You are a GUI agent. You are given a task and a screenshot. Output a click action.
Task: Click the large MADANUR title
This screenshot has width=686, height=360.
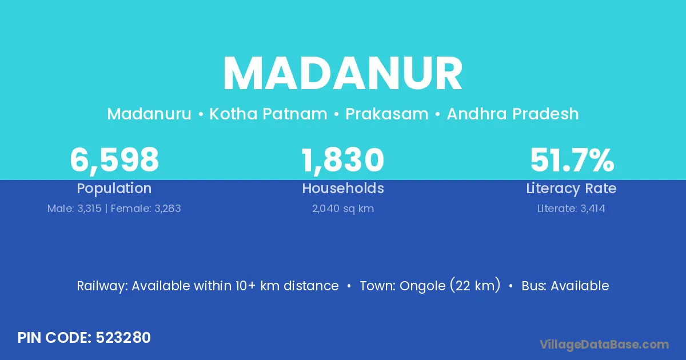(x=342, y=74)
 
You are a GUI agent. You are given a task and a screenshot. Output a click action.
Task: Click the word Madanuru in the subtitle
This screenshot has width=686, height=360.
(x=149, y=114)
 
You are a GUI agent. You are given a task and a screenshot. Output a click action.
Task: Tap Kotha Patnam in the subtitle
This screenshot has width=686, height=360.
(x=268, y=114)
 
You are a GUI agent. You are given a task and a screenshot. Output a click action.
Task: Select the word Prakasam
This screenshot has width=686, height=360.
(x=387, y=114)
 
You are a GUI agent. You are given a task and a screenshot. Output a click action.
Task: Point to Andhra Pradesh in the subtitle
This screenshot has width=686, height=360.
(x=513, y=114)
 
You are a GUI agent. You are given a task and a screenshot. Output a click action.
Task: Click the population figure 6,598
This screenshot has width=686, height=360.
(x=114, y=160)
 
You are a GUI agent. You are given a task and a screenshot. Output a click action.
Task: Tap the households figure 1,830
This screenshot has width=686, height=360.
(x=342, y=160)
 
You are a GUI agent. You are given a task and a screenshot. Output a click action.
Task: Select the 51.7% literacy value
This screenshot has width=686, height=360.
(x=572, y=160)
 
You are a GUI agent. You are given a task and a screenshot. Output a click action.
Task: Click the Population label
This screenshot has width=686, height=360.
(x=114, y=189)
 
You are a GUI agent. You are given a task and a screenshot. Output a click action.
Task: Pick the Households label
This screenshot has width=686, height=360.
(x=343, y=189)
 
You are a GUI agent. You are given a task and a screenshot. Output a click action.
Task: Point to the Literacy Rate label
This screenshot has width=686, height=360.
(x=571, y=189)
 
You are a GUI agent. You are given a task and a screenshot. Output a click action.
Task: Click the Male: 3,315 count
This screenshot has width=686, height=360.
(x=74, y=209)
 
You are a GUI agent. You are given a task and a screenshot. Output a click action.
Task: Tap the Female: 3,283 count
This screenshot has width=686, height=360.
(x=146, y=209)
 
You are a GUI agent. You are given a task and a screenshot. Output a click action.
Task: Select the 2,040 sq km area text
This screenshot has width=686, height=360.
(x=343, y=209)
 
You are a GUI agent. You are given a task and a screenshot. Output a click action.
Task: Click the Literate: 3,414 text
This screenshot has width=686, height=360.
(x=571, y=209)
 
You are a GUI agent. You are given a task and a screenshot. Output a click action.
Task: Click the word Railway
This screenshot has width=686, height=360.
(x=102, y=286)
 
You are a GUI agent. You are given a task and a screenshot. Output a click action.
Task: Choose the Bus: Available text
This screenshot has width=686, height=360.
(x=565, y=286)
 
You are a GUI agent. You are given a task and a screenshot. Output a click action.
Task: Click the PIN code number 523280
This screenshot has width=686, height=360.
(x=123, y=338)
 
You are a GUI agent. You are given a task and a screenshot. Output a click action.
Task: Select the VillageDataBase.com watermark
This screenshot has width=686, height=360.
(x=604, y=345)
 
